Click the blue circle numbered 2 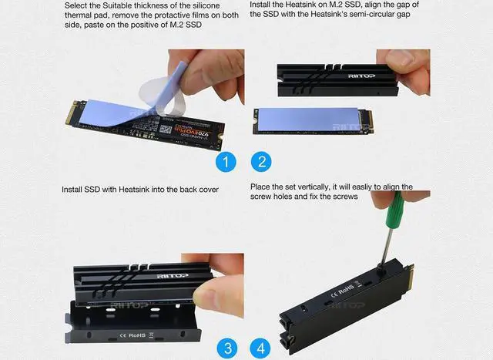[262, 162]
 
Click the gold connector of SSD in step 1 [71, 113]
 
